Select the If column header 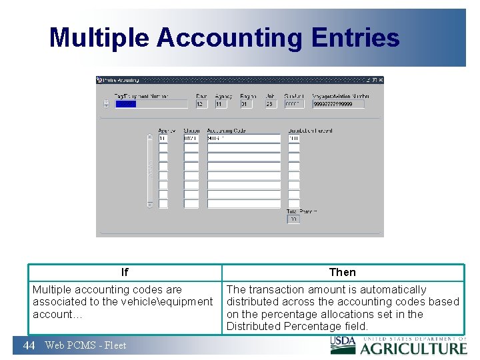pos(125,272)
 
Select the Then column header pos(343,272)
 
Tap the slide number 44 pos(29,345)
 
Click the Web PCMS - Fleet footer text pos(85,345)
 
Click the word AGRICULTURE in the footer pos(414,347)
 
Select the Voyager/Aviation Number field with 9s pos(339,104)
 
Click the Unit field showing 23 pos(270,104)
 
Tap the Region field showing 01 pos(247,104)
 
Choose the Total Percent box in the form pos(293,219)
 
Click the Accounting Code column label pos(227,131)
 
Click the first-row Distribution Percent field pos(294,139)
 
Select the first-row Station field pos(191,139)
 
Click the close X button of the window pos(380,80)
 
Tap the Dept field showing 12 pos(201,104)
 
